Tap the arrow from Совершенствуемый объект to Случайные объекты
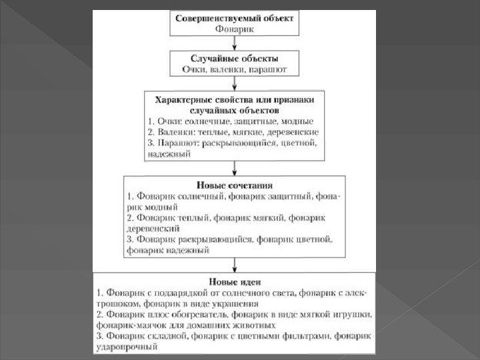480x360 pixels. click(234, 45)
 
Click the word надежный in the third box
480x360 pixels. click(167, 154)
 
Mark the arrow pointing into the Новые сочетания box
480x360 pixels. click(234, 169)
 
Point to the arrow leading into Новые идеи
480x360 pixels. click(234, 264)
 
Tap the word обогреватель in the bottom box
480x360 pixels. click(194, 314)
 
